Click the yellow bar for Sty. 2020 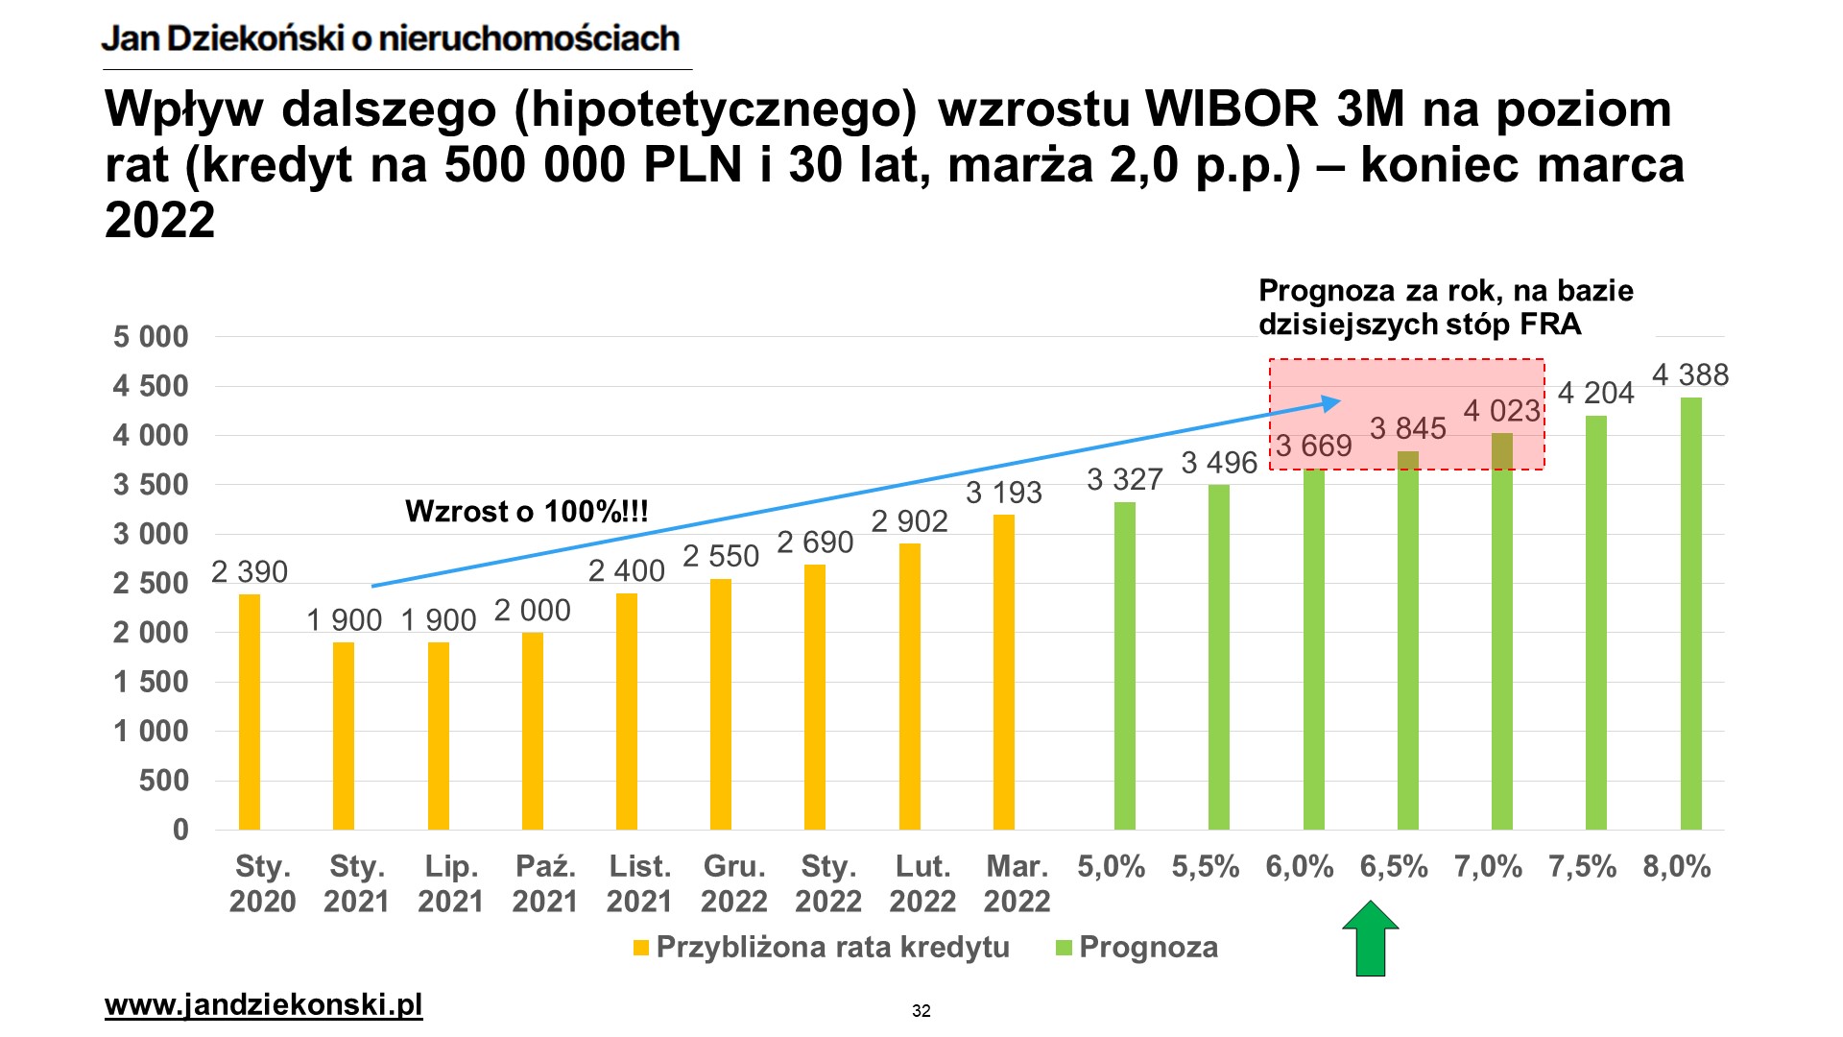pyautogui.click(x=250, y=711)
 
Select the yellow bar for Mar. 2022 pyautogui.click(x=1004, y=672)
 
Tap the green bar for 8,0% pyautogui.click(x=1691, y=614)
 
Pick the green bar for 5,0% pyautogui.click(x=1125, y=665)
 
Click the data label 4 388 pyautogui.click(x=1690, y=374)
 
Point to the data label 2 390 pyautogui.click(x=250, y=571)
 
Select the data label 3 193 pyautogui.click(x=1004, y=493)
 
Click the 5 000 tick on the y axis pyautogui.click(x=151, y=337)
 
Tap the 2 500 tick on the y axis pyautogui.click(x=151, y=583)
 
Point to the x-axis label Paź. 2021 pyautogui.click(x=545, y=883)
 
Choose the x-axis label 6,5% pyautogui.click(x=1394, y=867)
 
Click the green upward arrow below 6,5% pyautogui.click(x=1371, y=939)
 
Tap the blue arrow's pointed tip pyautogui.click(x=1338, y=401)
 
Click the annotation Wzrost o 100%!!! pyautogui.click(x=527, y=511)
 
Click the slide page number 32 pyautogui.click(x=921, y=1010)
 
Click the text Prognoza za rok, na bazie pyautogui.click(x=1446, y=290)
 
